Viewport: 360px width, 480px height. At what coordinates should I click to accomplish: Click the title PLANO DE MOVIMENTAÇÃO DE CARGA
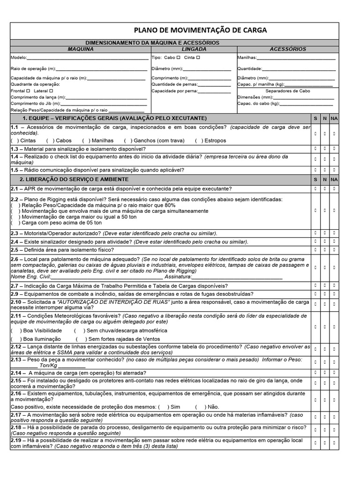(200, 30)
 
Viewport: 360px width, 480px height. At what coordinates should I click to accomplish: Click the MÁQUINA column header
(80, 49)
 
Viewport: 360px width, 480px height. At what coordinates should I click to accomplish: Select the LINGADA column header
(194, 49)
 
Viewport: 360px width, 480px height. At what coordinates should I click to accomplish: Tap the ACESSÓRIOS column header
(288, 49)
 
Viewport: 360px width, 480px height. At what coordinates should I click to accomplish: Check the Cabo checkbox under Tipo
(178, 57)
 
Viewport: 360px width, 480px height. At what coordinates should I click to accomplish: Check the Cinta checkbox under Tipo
(198, 57)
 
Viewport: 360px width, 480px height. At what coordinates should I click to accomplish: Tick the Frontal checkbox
(29, 90)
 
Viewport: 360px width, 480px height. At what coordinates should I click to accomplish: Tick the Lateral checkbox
(51, 90)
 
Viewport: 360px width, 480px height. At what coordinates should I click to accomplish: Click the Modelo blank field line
(87, 58)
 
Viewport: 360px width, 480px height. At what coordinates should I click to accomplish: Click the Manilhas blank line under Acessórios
(296, 58)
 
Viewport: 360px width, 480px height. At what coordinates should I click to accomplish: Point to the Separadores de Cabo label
(288, 91)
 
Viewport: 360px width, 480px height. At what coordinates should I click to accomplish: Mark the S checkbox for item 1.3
(315, 149)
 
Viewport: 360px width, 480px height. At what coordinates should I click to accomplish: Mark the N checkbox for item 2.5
(324, 250)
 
